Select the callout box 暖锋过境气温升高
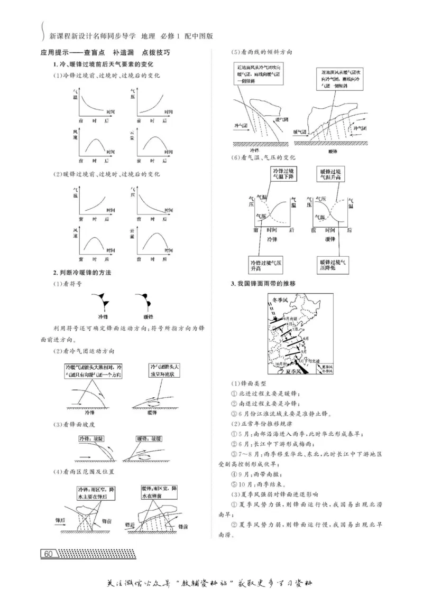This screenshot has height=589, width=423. [334, 175]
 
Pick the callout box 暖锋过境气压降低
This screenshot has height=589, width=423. [333, 264]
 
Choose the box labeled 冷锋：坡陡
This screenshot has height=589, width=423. [91, 438]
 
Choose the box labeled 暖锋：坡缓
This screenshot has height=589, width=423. [149, 438]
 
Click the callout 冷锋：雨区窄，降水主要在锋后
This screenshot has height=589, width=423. [97, 493]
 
